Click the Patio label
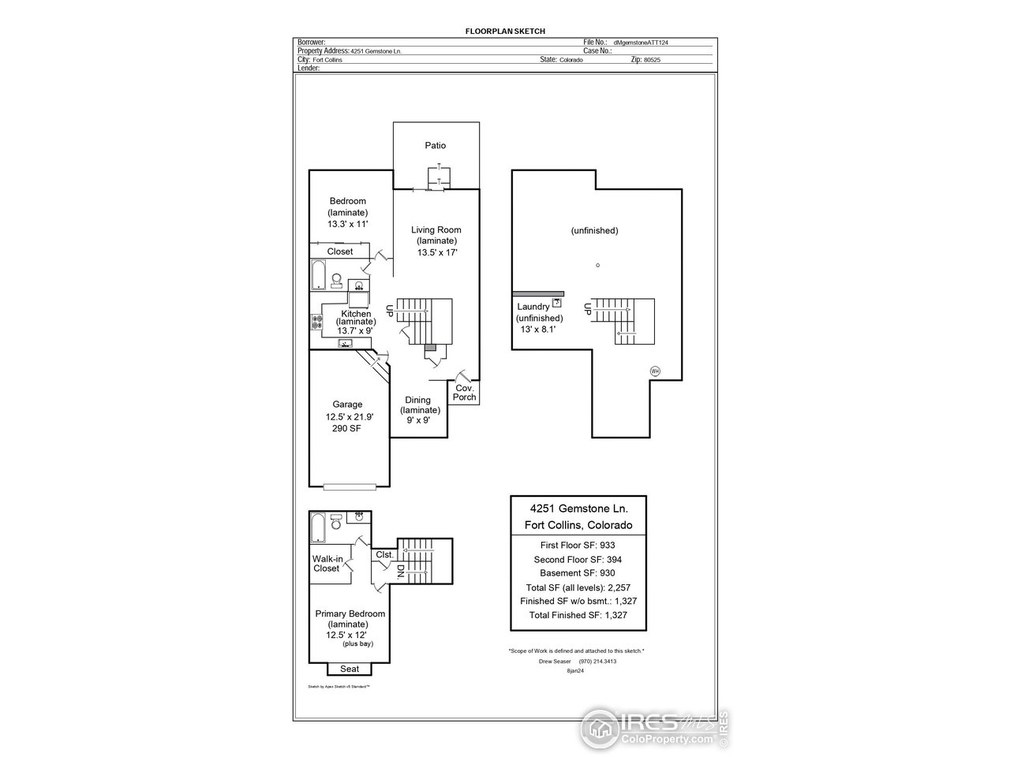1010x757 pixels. pos(435,145)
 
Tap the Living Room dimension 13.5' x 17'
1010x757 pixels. pos(437,252)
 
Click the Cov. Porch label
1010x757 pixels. pos(464,392)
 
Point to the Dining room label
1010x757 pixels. pos(418,400)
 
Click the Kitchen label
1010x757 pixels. pos(356,314)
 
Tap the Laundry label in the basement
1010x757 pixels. pos(533,307)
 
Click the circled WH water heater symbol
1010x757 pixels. pos(654,371)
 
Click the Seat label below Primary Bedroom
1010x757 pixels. pos(350,669)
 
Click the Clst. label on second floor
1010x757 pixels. pos(384,554)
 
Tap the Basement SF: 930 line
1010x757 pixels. pos(578,573)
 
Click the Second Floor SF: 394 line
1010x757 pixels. pos(578,559)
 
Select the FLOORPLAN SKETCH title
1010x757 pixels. pos(505,31)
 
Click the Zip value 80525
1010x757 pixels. pos(651,60)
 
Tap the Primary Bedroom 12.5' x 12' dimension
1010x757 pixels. pos(347,634)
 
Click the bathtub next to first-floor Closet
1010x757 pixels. pos(318,276)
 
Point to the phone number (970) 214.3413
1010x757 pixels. pos(597,661)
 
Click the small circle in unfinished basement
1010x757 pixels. pos(597,265)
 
